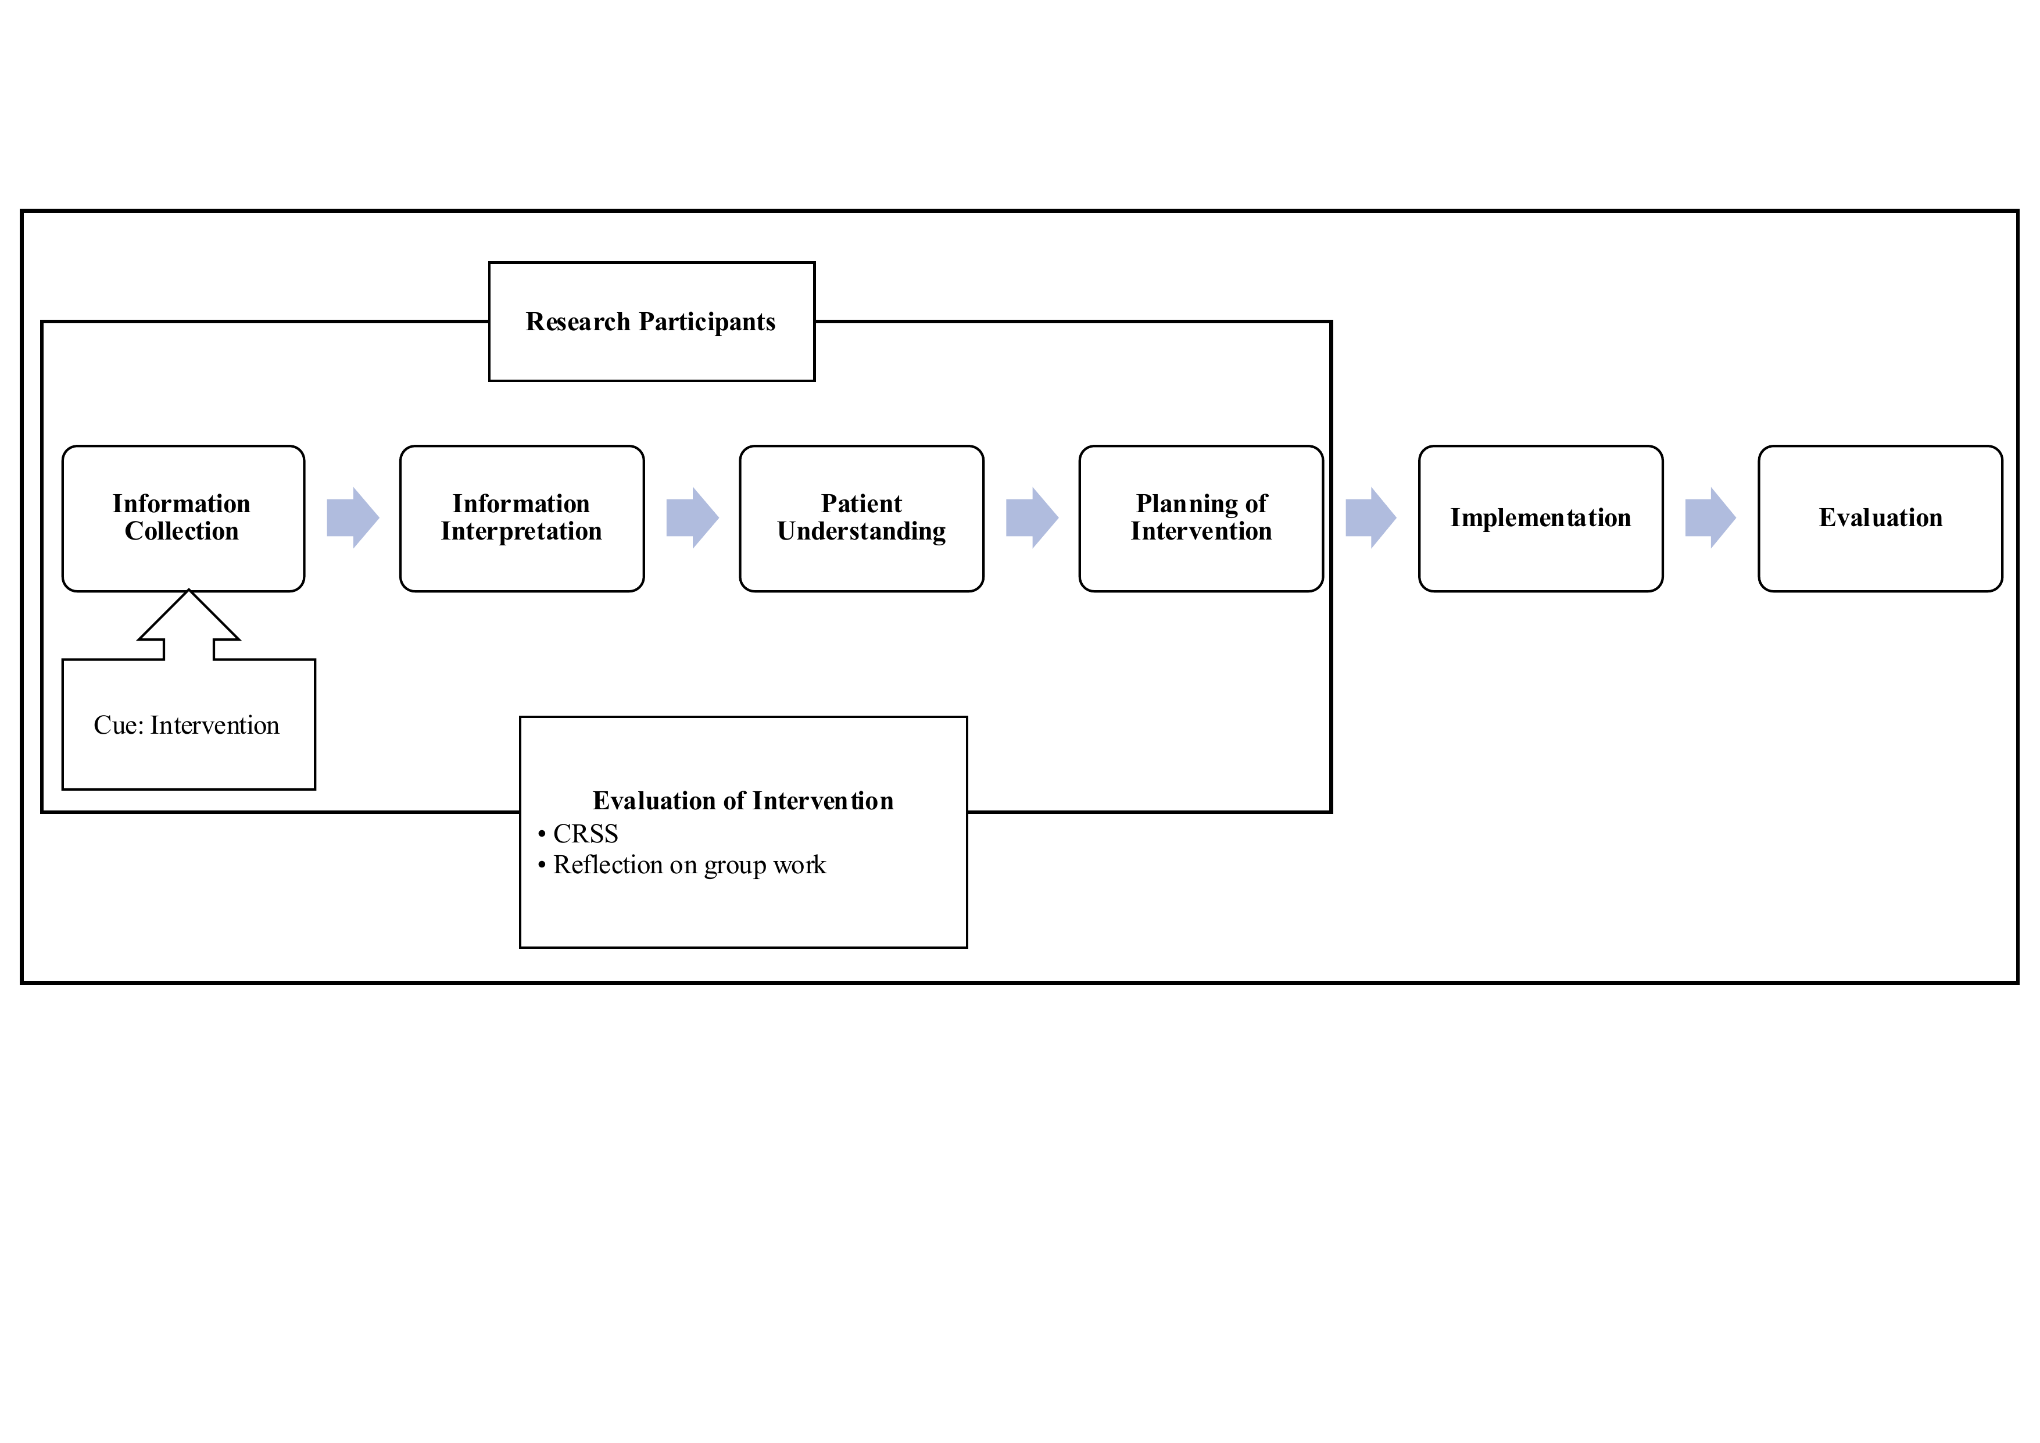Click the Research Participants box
652,322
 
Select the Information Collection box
183,519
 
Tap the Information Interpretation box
521,519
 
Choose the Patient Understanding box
861,519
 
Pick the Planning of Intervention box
1200,519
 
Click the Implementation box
1541,519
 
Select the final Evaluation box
1880,519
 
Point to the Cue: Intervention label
187,725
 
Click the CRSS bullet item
578,834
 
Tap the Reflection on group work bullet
682,866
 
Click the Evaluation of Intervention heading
743,801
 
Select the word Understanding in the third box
861,532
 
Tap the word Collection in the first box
181,531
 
